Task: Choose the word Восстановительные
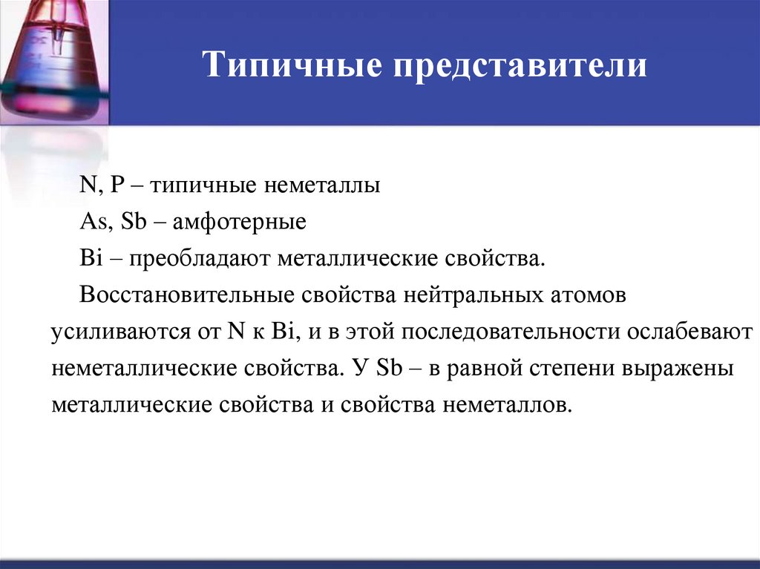coord(188,295)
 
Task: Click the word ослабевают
coord(690,332)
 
